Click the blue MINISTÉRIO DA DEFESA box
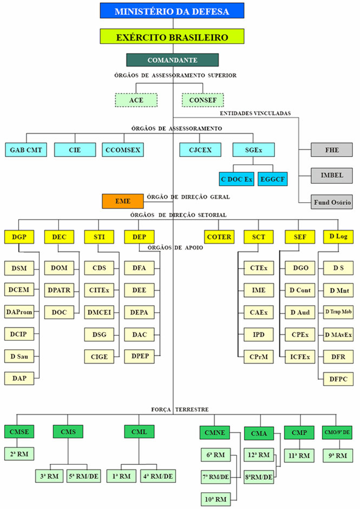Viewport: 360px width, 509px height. point(172,10)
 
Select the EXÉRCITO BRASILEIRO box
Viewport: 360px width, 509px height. point(172,37)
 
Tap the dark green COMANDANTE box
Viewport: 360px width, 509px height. point(172,60)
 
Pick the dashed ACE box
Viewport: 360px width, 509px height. point(136,100)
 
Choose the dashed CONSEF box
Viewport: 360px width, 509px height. point(202,100)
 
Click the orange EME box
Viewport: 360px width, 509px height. point(123,201)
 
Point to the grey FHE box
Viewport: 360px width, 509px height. point(332,150)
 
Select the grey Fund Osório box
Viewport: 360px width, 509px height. point(332,203)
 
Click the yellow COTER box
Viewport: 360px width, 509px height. point(219,236)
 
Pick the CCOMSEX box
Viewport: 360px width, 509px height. point(122,150)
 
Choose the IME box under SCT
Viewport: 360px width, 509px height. point(259,290)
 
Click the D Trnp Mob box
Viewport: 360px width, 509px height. point(338,312)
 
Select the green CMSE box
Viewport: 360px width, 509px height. point(19,432)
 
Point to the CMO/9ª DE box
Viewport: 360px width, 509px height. point(338,432)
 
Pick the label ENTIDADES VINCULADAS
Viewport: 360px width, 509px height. point(255,114)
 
